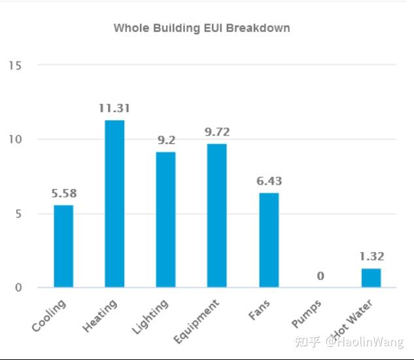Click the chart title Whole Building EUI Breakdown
(x=201, y=28)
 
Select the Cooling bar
(x=63, y=246)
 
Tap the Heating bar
(x=114, y=204)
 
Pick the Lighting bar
(x=165, y=219)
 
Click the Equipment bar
(x=216, y=215)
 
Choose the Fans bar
(x=269, y=240)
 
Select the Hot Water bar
(x=371, y=278)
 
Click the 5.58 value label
(x=63, y=194)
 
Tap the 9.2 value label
(x=165, y=140)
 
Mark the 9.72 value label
(x=216, y=132)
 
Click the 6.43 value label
(x=269, y=181)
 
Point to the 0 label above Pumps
(x=320, y=276)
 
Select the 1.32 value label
(x=371, y=257)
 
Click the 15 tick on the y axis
(x=15, y=65)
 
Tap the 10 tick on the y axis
(x=15, y=139)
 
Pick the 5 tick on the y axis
(x=18, y=213)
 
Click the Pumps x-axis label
(x=306, y=313)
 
